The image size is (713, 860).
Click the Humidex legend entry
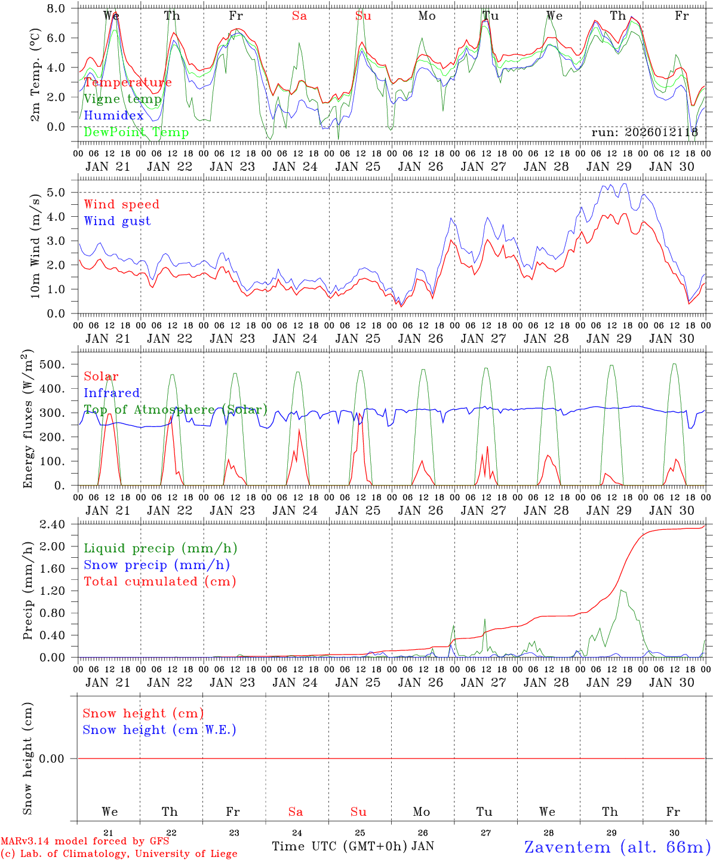point(114,116)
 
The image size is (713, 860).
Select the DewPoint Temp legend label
point(136,132)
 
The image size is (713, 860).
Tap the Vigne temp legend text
point(122,99)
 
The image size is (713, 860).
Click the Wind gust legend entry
point(117,221)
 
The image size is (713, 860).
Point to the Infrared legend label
point(112,393)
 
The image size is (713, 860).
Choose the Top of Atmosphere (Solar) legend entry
point(175,410)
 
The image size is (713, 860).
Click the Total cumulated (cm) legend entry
point(160,581)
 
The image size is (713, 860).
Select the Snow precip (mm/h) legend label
point(156,565)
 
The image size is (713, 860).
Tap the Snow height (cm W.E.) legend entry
point(159,730)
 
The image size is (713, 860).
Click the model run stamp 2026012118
point(645,133)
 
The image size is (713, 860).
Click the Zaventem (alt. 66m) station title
point(617,847)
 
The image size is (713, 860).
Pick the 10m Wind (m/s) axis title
point(36,245)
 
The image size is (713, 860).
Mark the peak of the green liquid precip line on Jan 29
point(622,590)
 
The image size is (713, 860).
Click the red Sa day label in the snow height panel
point(296,812)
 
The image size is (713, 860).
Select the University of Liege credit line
point(119,853)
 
